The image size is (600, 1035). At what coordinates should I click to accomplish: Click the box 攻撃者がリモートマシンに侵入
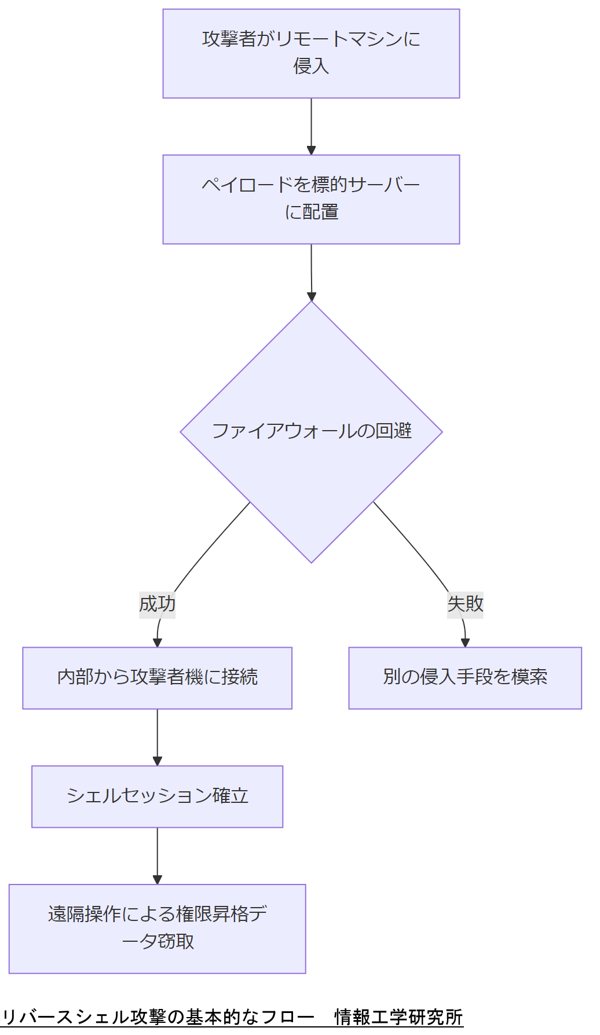click(311, 53)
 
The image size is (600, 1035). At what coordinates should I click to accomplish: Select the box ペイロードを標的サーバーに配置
click(311, 199)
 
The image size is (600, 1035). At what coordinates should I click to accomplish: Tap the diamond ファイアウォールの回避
click(311, 432)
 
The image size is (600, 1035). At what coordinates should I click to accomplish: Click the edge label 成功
click(157, 604)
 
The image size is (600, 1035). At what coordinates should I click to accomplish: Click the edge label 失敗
click(465, 604)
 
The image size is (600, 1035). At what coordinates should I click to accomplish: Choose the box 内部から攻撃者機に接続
click(157, 678)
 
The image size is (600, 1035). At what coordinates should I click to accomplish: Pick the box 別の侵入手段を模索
click(465, 678)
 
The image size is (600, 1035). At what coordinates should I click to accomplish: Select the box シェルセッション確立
click(157, 797)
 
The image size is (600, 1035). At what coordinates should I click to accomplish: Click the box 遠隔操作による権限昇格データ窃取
click(157, 928)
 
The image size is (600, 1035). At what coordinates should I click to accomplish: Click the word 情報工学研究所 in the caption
click(398, 1017)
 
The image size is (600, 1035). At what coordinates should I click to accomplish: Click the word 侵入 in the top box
click(311, 67)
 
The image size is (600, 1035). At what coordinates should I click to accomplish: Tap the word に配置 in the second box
click(311, 212)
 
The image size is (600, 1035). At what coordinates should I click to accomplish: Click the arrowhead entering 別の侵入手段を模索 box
click(465, 643)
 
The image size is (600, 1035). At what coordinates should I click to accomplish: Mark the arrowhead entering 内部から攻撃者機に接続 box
click(157, 643)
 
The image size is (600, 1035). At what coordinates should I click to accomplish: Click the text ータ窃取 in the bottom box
click(158, 942)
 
